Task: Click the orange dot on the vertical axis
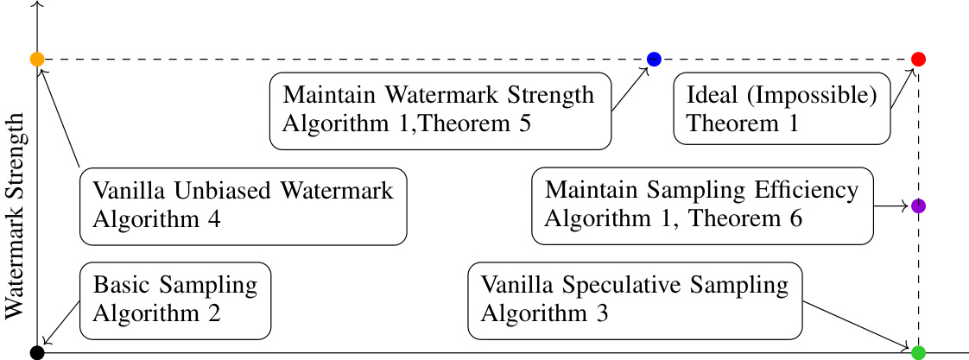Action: [x=37, y=59]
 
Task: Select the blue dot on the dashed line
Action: [x=654, y=59]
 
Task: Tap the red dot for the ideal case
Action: [x=918, y=59]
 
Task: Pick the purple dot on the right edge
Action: [x=918, y=206]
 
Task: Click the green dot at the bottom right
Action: [x=918, y=352]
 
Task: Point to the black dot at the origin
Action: [x=37, y=352]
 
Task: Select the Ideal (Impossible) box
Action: [x=782, y=109]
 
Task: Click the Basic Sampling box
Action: [x=175, y=300]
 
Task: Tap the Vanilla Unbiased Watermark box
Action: [x=243, y=205]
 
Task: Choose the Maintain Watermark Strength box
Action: [x=440, y=109]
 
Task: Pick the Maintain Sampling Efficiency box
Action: [x=701, y=205]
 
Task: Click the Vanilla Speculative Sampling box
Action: [x=635, y=300]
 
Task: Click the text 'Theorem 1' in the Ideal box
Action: [x=743, y=123]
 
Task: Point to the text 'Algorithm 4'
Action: [x=157, y=219]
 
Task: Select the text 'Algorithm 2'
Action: [x=157, y=314]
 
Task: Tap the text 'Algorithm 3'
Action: [x=545, y=314]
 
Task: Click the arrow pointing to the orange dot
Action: [x=59, y=117]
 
